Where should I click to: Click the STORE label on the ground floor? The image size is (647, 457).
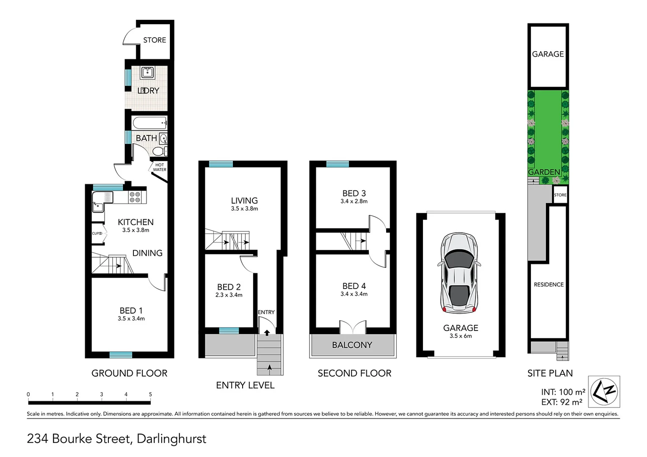tap(154, 40)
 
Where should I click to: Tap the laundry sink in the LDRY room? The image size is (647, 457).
tap(147, 73)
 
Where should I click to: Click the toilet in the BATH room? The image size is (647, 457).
tap(159, 151)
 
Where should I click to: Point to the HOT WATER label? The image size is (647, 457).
tap(159, 168)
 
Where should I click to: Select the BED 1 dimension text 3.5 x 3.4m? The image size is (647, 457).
tap(131, 319)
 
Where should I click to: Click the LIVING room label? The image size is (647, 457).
tap(244, 201)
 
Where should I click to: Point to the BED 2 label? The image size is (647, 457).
tap(229, 287)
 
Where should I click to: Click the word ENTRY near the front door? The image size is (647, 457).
tap(266, 312)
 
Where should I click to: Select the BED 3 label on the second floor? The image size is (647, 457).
tap(354, 193)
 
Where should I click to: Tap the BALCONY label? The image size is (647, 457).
tap(352, 345)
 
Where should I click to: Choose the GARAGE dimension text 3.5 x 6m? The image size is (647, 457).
tap(461, 336)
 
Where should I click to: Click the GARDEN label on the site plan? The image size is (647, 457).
tap(544, 172)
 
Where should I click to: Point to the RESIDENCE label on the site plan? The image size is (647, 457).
tap(549, 285)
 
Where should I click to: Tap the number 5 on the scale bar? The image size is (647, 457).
tap(150, 394)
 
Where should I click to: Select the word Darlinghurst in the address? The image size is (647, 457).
tap(171, 439)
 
